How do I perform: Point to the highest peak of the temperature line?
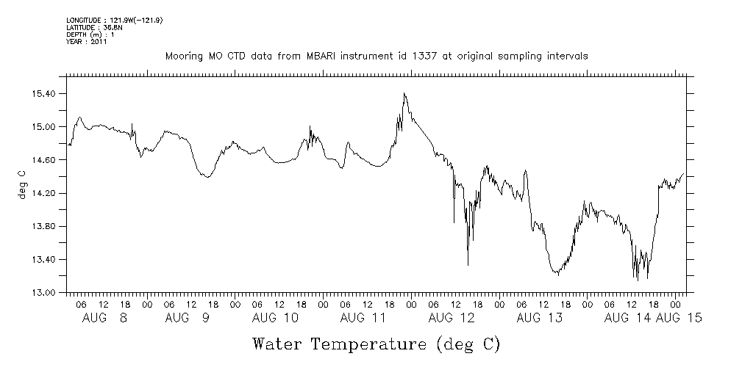pos(404,93)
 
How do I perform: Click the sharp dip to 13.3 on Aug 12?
pos(468,264)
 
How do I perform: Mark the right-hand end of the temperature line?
pos(684,174)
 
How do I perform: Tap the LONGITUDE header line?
pos(114,20)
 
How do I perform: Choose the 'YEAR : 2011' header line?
pos(87,42)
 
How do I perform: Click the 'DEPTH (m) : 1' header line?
pos(90,35)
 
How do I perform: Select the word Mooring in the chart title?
pos(183,57)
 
